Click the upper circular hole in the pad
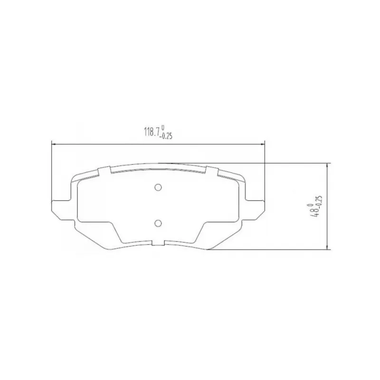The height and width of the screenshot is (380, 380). coord(158,187)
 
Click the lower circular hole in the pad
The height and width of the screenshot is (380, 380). coord(158,223)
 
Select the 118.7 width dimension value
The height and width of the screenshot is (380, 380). coord(152,133)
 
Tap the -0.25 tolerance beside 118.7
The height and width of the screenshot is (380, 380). coord(166,136)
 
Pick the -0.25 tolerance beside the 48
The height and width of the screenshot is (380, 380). coord(319,201)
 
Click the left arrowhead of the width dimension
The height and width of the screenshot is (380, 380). coord(54,144)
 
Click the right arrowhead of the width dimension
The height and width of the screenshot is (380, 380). coord(263,144)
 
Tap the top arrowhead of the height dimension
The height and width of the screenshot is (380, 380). coord(327,165)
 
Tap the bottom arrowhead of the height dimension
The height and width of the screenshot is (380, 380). coord(327,247)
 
